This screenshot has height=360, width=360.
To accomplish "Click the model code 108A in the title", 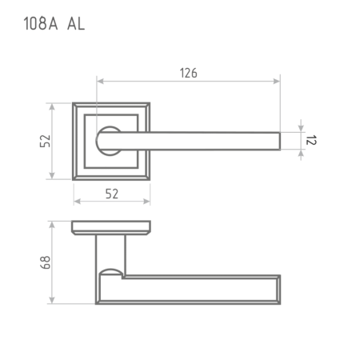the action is pyautogui.click(x=41, y=23).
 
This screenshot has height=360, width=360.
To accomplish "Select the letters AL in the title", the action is pyautogui.click(x=76, y=23).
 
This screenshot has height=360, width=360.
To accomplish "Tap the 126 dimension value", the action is pyautogui.click(x=189, y=73).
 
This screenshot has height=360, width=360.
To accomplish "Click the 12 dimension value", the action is pyautogui.click(x=310, y=140).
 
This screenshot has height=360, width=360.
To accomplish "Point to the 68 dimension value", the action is pyautogui.click(x=45, y=262).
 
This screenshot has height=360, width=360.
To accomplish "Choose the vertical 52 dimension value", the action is pyautogui.click(x=45, y=141).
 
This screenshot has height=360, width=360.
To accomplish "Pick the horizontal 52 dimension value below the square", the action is pyautogui.click(x=112, y=194).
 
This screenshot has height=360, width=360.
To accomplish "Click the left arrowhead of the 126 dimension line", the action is pyautogui.click(x=100, y=81).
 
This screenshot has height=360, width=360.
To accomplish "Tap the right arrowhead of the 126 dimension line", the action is pyautogui.click(x=277, y=81).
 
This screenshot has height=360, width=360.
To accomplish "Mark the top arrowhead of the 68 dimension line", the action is pyautogui.click(x=52, y=225).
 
